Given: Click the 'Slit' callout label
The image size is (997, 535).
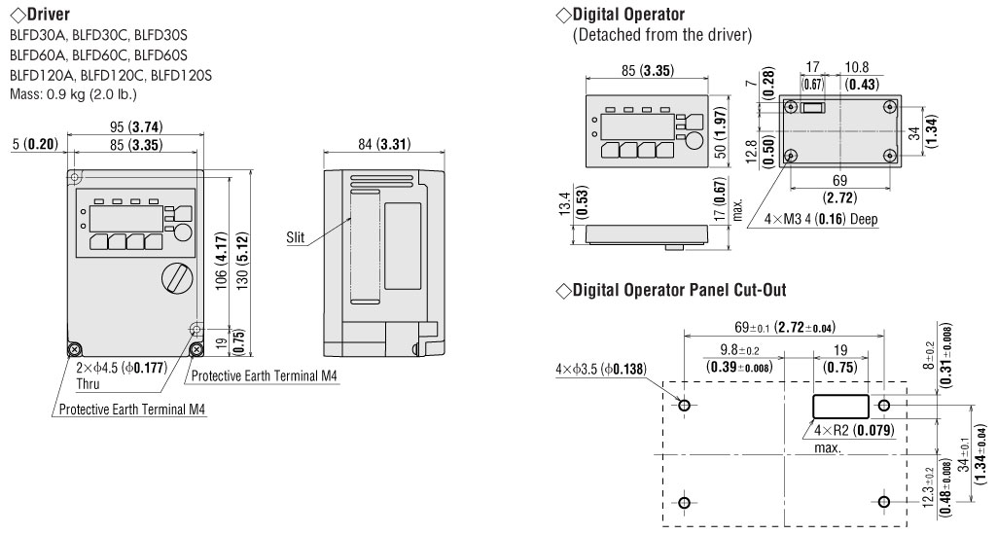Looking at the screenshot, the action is pyautogui.click(x=295, y=237).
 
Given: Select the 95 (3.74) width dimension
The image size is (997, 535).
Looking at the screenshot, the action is pyautogui.click(x=135, y=126).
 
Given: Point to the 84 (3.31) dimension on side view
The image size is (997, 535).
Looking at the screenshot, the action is pyautogui.click(x=383, y=144).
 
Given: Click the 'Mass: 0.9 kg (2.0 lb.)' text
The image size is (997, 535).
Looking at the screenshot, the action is pyautogui.click(x=73, y=94).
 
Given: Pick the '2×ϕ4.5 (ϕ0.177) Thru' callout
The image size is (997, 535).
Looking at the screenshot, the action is pyautogui.click(x=121, y=374).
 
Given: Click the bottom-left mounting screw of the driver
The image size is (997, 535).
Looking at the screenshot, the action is pyautogui.click(x=74, y=349).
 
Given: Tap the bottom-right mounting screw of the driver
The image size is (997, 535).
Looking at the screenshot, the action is pyautogui.click(x=196, y=349).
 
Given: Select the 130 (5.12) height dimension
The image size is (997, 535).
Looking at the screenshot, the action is pyautogui.click(x=242, y=261).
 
